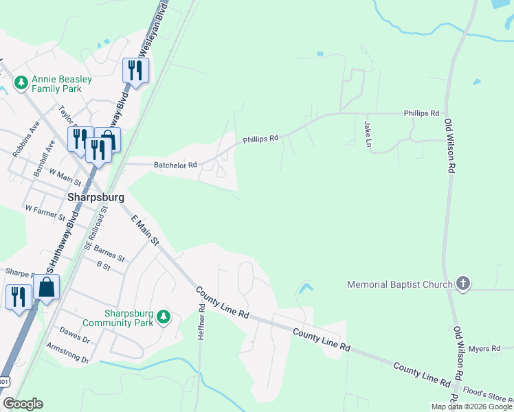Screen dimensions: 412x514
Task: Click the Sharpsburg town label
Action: tap(96, 197)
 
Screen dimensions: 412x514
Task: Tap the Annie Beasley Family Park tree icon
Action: tap(21, 83)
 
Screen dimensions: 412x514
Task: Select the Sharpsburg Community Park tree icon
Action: tap(163, 317)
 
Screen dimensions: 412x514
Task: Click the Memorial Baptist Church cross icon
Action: tap(464, 284)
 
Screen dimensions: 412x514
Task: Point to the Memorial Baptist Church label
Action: tap(400, 284)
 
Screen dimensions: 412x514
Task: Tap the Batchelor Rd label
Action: tap(175, 165)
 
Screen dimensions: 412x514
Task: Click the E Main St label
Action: tap(145, 230)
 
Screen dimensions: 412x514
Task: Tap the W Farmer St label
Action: tap(45, 212)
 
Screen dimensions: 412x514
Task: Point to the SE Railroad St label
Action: tap(97, 227)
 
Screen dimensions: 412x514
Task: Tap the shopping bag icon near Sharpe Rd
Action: tap(46, 288)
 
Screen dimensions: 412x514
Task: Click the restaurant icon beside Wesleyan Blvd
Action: tap(135, 69)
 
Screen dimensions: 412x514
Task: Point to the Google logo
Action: tap(23, 404)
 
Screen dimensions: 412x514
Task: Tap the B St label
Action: tap(104, 264)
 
